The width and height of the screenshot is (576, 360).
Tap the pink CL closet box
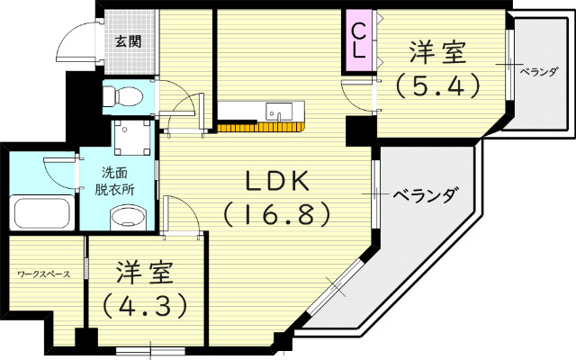[357, 41]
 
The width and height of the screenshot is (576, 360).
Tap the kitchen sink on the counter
[277, 112]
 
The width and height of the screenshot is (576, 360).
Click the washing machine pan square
[131, 136]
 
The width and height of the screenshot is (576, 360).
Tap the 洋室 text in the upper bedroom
[438, 52]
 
